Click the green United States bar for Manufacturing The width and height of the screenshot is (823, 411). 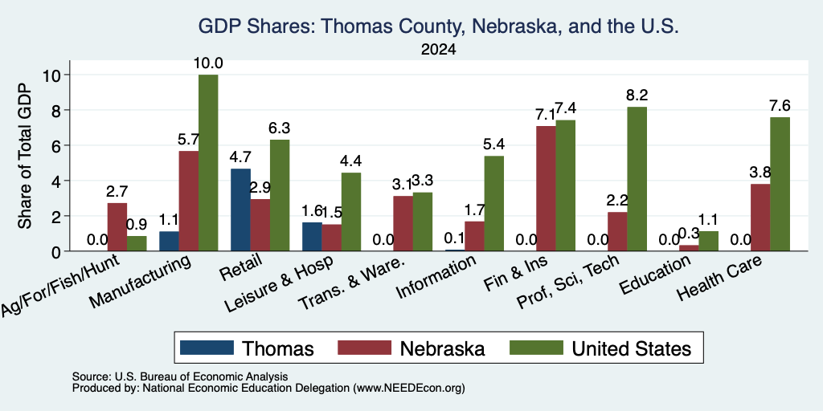pos(208,162)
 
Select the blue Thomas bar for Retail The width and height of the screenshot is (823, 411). pos(240,210)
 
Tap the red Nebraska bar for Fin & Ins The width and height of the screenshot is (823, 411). pos(546,189)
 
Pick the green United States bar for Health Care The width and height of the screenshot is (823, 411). pos(780,184)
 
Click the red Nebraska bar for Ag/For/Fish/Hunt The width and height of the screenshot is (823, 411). pos(117,227)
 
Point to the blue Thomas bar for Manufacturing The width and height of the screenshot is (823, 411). pos(169,241)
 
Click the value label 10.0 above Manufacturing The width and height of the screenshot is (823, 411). pos(208,63)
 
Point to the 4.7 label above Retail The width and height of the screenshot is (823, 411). pos(240,157)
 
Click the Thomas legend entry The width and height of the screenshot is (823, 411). pos(247,348)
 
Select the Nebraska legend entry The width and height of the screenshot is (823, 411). pos(411,348)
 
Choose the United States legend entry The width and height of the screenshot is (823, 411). pos(600,348)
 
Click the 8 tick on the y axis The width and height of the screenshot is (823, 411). pos(57,110)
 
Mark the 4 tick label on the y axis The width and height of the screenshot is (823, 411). pos(57,181)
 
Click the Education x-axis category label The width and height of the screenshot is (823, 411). pos(655,275)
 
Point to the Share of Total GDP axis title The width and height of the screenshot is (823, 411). pos(25,156)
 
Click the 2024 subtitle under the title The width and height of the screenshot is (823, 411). pos(438,50)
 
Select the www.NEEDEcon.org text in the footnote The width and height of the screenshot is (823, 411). pos(409,389)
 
